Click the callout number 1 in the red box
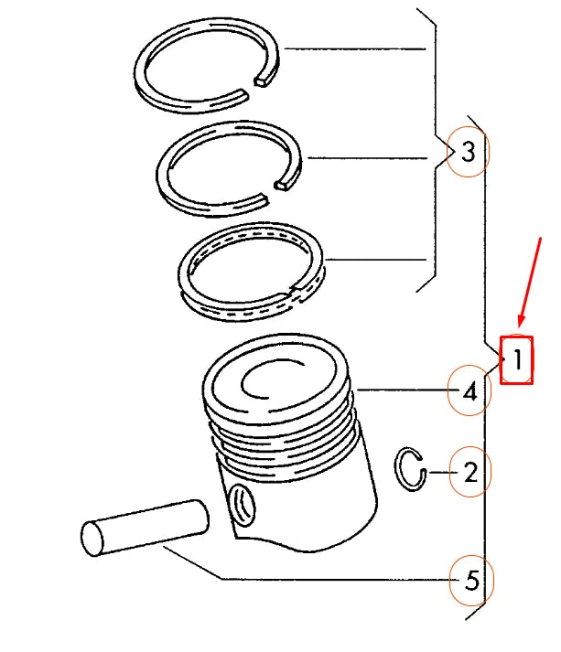click(x=517, y=360)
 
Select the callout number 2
click(x=470, y=473)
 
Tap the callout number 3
click(x=469, y=153)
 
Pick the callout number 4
click(x=469, y=392)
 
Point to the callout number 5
click(x=471, y=580)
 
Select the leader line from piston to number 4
click(x=403, y=392)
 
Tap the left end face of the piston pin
click(x=96, y=537)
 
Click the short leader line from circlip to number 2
click(x=439, y=473)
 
